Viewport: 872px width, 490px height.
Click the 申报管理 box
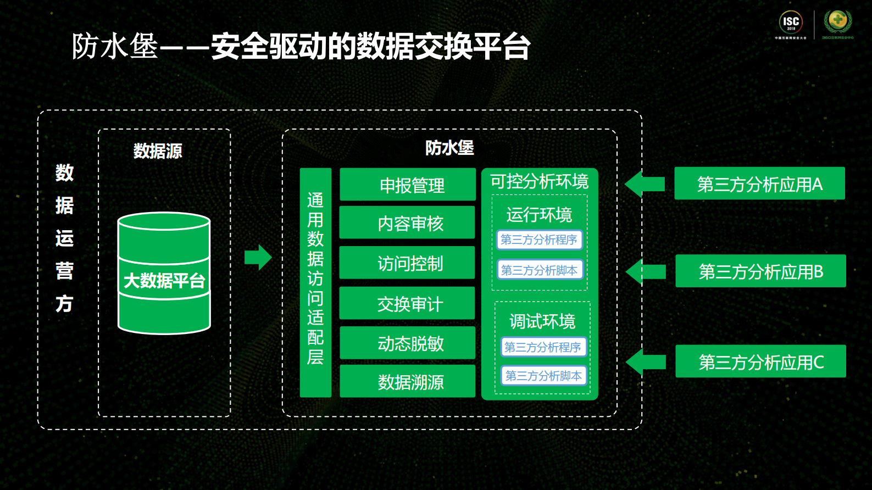(407, 185)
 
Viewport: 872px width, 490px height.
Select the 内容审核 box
(407, 222)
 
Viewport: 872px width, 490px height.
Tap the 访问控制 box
(407, 263)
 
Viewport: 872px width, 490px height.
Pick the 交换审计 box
(407, 303)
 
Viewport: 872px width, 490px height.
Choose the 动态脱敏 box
(407, 343)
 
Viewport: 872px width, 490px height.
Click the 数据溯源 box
(407, 381)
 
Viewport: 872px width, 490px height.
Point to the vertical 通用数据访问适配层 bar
(315, 282)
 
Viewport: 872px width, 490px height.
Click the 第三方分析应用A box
(759, 183)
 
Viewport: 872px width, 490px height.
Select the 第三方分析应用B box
(760, 271)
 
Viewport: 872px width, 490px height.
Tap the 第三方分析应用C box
(760, 361)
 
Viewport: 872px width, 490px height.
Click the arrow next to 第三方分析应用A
(645, 184)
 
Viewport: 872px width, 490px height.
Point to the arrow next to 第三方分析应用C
(646, 362)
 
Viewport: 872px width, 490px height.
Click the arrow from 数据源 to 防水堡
(258, 257)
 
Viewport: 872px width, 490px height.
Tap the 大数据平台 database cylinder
(164, 274)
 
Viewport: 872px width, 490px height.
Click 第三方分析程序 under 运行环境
(539, 240)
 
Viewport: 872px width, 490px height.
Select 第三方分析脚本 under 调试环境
(543, 376)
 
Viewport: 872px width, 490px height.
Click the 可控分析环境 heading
(539, 181)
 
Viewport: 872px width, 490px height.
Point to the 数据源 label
(158, 151)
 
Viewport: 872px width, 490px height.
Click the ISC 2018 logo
(791, 24)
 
